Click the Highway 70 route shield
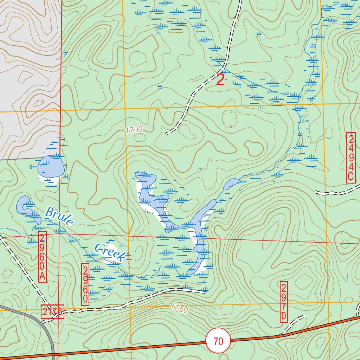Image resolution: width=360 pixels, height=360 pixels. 218,341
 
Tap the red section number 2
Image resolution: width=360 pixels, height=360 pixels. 220,80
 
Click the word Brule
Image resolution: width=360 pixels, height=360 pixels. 59,216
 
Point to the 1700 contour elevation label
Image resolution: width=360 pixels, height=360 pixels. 134,130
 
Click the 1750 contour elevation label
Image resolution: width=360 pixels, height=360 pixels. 179,309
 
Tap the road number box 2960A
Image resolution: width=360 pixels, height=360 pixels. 42,256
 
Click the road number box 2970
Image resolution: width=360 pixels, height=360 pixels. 284,301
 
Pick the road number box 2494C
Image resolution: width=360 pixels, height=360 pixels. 351,157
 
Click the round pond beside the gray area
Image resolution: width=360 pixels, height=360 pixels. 51,166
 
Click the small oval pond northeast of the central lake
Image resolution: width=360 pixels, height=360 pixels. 231,184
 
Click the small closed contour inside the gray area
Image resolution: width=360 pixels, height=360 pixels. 37,103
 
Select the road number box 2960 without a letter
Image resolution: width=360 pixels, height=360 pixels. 85,284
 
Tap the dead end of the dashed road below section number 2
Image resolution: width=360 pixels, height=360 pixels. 166,134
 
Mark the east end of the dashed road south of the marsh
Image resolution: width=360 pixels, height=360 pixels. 205,292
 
